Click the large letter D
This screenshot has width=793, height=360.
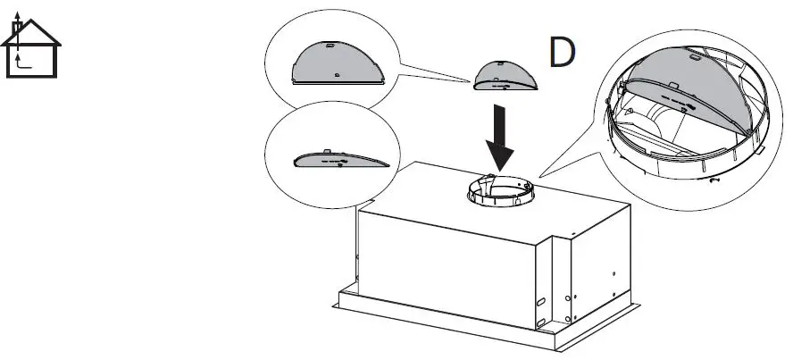tap(562, 54)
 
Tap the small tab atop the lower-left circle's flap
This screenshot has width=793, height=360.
tap(329, 152)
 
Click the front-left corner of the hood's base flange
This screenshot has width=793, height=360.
tap(337, 303)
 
